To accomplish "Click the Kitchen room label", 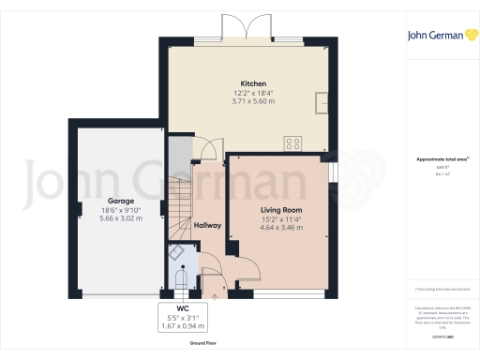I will click(248, 82).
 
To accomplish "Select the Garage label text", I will click(120, 201).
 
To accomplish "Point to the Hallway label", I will click(207, 225).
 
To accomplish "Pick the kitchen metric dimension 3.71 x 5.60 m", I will click(248, 101).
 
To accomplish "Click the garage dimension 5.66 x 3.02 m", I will click(120, 218).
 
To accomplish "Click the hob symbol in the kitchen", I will click(293, 143).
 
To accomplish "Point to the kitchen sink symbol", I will click(322, 100).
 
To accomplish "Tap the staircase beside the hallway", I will click(179, 206).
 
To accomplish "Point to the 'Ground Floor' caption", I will click(205, 344).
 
